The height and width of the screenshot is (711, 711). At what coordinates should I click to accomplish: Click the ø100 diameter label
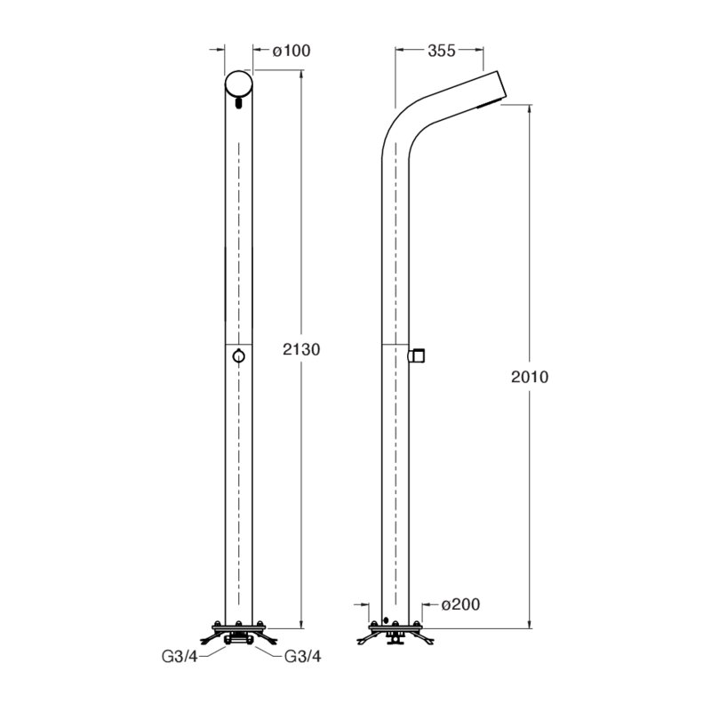coord(292,51)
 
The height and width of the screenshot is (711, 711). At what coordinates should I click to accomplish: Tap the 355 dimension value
coord(441,51)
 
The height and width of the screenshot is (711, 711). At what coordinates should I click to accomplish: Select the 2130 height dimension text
coord(301,349)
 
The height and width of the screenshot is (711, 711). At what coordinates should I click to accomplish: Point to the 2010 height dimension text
coord(530,377)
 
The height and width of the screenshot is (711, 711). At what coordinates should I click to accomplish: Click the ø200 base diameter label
coord(460,604)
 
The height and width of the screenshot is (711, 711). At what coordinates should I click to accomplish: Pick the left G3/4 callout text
coord(180,657)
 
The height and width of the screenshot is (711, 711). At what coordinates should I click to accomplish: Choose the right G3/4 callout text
coord(302,656)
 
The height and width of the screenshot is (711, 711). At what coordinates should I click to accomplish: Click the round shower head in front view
coord(238,84)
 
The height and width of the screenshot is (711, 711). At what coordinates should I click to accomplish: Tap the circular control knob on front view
coord(238,356)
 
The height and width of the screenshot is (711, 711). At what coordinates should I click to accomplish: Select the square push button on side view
coord(417,356)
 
